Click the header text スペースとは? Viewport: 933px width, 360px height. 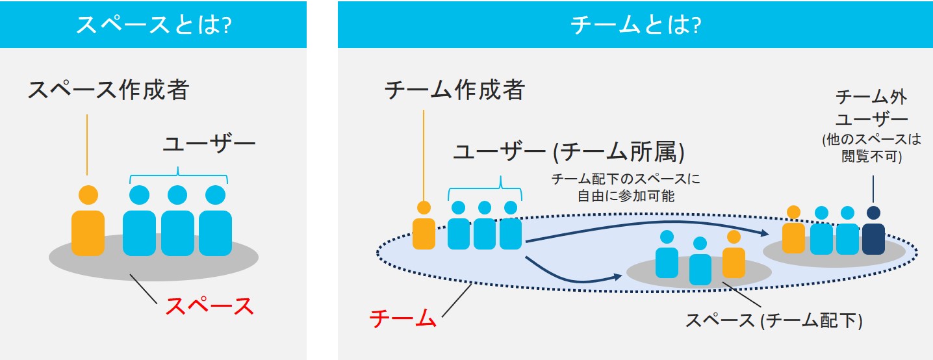click(x=154, y=25)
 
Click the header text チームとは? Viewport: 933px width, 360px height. click(x=634, y=25)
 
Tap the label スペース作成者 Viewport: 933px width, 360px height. click(x=108, y=90)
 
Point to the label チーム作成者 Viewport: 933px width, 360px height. click(x=454, y=90)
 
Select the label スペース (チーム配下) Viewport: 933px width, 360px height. click(x=773, y=320)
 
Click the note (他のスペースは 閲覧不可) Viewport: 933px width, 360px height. click(x=871, y=148)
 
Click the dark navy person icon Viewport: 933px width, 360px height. click(x=873, y=233)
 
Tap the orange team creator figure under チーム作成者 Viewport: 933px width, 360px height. click(x=424, y=227)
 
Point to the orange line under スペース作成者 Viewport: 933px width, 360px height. click(x=86, y=144)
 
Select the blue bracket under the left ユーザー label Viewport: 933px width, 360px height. click(x=178, y=175)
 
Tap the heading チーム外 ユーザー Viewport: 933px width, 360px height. click(x=871, y=109)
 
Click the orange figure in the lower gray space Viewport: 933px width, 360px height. click(x=734, y=255)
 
